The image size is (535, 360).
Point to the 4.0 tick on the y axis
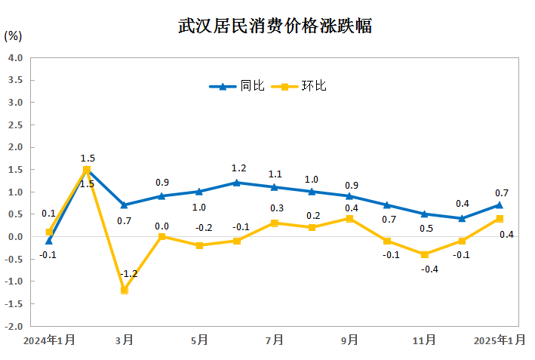coord(16,57)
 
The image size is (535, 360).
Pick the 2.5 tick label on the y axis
coord(16,125)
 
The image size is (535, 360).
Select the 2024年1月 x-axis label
coord(49,340)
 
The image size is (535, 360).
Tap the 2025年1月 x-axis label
coord(500,340)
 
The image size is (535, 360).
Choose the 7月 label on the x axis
coord(275,340)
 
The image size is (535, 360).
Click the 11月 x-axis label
coord(425,340)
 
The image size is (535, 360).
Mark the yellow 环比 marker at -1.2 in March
coord(125,290)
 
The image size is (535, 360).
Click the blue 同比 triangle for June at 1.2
coord(237,183)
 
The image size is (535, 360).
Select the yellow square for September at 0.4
coord(349,219)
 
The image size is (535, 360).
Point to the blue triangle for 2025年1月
coord(500,205)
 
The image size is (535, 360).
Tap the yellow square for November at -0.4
coord(425,254)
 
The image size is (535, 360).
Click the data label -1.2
coord(128,273)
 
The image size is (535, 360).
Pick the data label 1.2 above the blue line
coord(238,168)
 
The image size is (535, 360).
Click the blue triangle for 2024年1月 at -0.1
coord(49,241)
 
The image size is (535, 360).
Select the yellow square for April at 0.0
coord(162,237)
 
